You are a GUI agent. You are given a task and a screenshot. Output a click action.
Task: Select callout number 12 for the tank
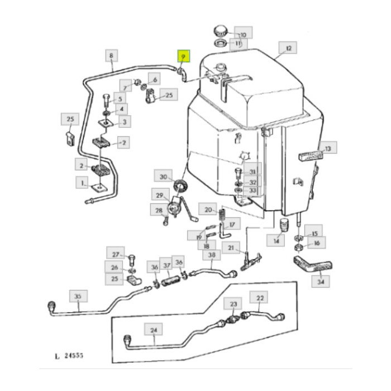coord(289,49)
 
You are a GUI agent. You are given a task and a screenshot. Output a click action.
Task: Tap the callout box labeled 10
coord(242,33)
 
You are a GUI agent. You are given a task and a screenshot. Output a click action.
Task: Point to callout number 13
coord(328,149)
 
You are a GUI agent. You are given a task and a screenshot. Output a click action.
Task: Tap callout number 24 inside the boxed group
coord(154,330)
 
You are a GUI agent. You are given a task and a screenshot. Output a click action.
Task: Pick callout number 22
coord(260,298)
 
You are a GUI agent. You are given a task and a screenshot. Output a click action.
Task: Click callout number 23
coord(233,304)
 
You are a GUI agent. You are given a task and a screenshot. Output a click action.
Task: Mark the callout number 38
coord(211,256)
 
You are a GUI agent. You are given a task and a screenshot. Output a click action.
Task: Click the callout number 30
coord(164,177)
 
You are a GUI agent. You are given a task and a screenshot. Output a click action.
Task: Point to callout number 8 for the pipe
coord(112,55)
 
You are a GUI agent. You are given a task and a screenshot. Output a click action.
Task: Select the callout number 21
coord(230,247)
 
